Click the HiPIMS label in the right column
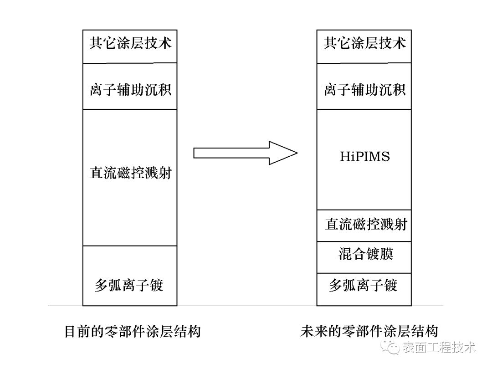click(365, 157)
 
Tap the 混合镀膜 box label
click(366, 254)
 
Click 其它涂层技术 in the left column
click(130, 44)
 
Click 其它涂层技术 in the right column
click(364, 44)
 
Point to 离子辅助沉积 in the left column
click(130, 89)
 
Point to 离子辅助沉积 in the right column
click(364, 89)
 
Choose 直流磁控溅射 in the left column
click(130, 174)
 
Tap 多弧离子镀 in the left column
click(129, 285)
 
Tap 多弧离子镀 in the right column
click(364, 285)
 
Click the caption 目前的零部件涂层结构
click(133, 331)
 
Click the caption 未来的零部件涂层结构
click(369, 331)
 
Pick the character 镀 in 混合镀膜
click(373, 254)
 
